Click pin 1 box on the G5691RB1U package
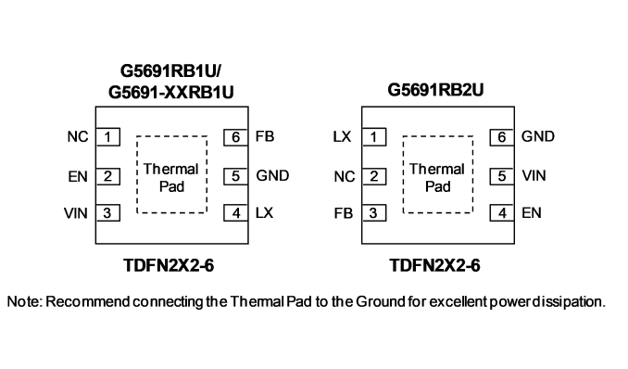click(107, 137)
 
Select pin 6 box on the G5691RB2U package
click(502, 137)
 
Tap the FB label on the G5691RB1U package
click(265, 137)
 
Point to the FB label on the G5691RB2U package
click(344, 213)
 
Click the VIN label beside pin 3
click(76, 213)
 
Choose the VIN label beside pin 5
click(534, 175)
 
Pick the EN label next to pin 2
click(78, 176)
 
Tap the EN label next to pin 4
click(532, 213)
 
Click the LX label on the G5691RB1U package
click(264, 213)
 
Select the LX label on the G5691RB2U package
click(342, 137)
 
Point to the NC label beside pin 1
click(78, 137)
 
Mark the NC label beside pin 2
click(345, 176)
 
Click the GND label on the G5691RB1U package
click(272, 175)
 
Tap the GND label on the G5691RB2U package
click(538, 136)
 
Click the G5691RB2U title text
click(435, 90)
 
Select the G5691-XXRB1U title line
click(171, 93)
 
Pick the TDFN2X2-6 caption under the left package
click(169, 265)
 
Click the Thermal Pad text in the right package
click(437, 178)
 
